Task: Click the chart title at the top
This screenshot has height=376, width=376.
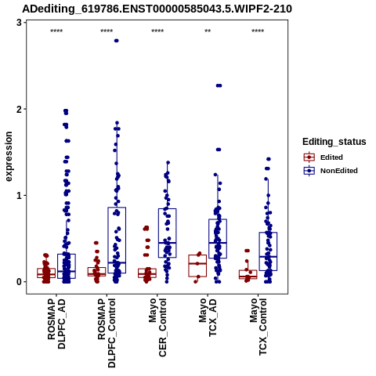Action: point(157,9)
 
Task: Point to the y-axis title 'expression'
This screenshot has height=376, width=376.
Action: point(9,157)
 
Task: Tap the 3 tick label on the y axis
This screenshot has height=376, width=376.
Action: point(19,23)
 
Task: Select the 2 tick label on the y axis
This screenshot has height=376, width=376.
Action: point(19,109)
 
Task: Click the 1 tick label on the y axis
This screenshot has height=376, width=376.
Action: point(19,196)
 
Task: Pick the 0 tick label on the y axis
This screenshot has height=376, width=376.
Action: point(19,282)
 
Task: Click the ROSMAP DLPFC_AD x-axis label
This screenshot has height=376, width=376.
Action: point(56,324)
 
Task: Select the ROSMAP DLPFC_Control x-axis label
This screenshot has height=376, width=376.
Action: point(107,333)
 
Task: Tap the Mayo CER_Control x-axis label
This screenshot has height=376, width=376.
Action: point(157,327)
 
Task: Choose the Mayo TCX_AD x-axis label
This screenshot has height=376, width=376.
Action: point(208,318)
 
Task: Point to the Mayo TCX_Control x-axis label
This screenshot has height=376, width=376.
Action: point(258,327)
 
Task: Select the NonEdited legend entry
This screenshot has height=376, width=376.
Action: point(331,171)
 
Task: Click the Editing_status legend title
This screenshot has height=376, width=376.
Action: point(334,142)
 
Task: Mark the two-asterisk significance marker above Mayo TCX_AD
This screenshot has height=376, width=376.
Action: point(208,31)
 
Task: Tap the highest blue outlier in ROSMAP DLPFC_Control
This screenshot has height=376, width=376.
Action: point(117,41)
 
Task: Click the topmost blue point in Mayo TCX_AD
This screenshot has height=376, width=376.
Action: point(219,85)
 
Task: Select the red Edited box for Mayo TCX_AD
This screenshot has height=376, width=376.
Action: point(197,266)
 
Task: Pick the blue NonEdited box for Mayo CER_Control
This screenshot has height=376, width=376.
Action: point(167,233)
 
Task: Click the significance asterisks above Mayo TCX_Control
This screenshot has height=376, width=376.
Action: point(258,31)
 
